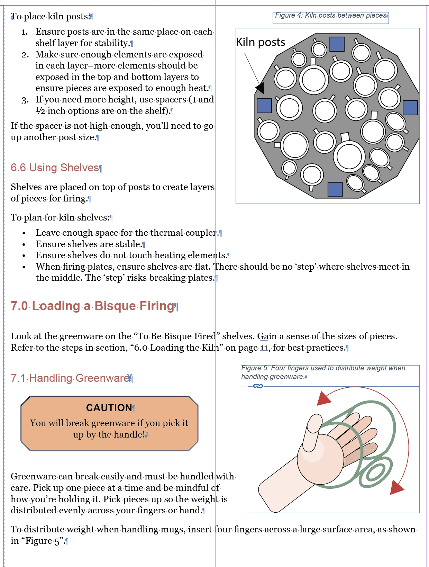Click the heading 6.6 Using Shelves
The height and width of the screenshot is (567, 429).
55,168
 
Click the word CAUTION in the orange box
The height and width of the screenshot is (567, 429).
109,408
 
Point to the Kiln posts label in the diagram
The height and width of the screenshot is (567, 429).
261,42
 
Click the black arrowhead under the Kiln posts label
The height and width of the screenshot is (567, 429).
260,88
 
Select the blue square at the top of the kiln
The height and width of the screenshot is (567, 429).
337,44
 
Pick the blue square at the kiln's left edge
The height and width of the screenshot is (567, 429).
264,105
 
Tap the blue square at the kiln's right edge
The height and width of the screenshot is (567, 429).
410,108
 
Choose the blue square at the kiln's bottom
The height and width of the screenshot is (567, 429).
335,189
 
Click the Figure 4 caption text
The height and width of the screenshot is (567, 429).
330,16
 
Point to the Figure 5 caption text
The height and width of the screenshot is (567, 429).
323,372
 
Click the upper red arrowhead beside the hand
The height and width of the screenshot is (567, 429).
323,398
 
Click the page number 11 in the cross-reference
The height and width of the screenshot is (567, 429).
264,347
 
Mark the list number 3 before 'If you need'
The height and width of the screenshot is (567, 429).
25,100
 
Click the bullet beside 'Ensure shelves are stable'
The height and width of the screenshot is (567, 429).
24,244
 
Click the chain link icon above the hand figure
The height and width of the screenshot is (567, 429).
258,386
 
